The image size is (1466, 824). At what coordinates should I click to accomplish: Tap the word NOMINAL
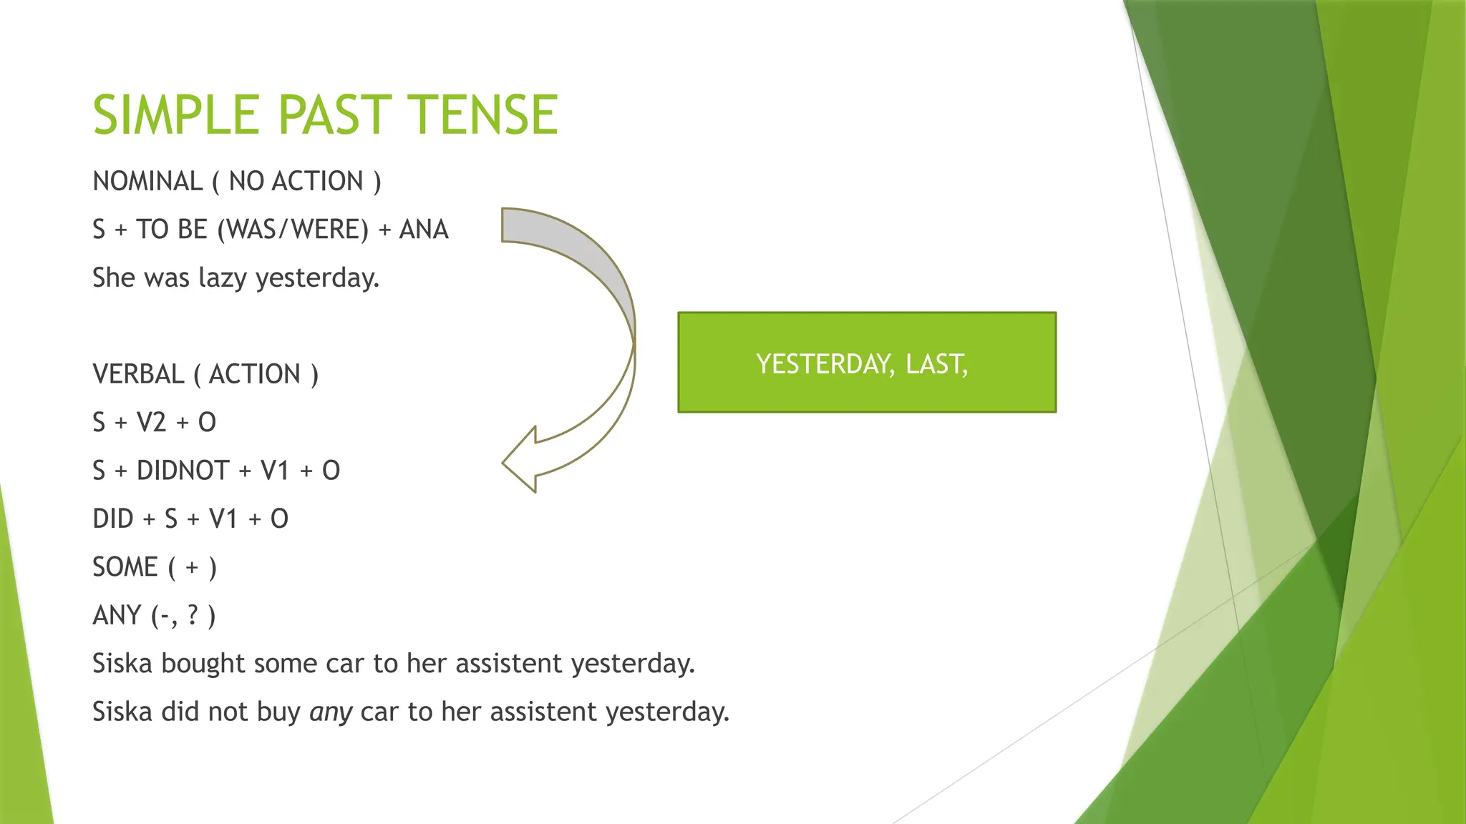tap(147, 182)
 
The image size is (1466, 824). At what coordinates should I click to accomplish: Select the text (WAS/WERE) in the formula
tap(293, 230)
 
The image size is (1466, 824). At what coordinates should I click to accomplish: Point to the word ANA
tap(424, 230)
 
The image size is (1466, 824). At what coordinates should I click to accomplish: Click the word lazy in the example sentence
tap(223, 278)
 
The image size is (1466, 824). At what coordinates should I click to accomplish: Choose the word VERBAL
tap(138, 374)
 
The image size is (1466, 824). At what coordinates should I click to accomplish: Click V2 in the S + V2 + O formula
tap(151, 423)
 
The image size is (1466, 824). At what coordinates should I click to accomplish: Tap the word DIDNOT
tap(183, 471)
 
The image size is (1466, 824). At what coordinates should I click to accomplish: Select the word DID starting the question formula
tap(113, 519)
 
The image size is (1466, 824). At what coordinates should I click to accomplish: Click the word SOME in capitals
tap(125, 567)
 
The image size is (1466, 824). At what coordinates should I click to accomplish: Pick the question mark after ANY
tap(193, 615)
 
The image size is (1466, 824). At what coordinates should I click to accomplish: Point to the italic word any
tap(331, 712)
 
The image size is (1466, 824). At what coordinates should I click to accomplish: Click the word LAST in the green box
tap(936, 364)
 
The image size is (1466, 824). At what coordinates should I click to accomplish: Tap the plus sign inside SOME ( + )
tap(192, 568)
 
